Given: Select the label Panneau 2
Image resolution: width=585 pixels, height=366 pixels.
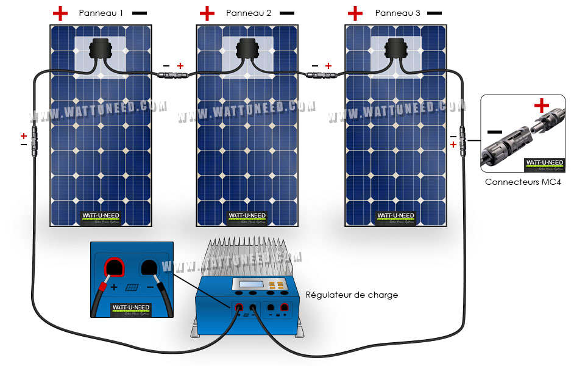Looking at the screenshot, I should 248,13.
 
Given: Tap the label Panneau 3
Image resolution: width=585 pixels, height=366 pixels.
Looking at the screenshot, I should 397,13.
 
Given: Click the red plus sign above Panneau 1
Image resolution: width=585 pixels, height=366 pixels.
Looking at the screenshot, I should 60,12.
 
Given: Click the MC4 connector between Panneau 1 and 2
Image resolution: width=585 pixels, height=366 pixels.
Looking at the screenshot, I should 173,76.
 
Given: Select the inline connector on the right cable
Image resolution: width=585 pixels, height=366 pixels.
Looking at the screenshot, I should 463,140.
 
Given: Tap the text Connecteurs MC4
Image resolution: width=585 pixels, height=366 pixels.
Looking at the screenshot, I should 522,182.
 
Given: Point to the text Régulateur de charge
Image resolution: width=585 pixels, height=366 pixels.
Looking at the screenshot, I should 351,295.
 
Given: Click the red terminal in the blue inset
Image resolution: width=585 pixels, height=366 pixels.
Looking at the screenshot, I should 113,267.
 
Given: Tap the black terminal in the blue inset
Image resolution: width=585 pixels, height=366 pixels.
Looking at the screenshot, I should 149,267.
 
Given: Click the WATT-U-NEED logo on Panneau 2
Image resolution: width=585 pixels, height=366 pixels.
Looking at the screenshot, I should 247,216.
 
